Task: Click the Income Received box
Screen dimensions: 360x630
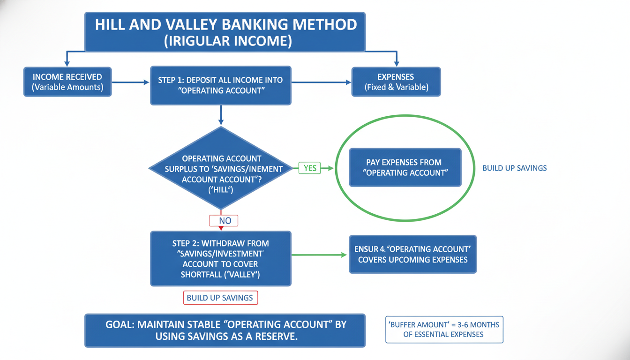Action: coord(67,82)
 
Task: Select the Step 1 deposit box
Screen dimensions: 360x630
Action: coord(220,85)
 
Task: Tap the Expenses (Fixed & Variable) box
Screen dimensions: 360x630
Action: coord(396,82)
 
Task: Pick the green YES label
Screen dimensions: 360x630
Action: coord(310,168)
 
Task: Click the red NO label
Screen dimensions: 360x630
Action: coord(224,220)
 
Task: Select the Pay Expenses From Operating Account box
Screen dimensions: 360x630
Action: coord(405,168)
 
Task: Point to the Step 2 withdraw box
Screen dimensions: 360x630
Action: coord(220,259)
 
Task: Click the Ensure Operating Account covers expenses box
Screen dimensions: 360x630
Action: coord(412,254)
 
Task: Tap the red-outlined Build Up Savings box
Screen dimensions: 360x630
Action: coord(220,298)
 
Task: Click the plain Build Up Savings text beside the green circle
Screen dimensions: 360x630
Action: coord(514,168)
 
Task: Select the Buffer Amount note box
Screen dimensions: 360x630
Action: coord(443,330)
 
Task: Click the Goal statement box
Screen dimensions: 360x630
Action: coord(225,330)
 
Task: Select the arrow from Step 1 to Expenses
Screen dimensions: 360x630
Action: coord(321,82)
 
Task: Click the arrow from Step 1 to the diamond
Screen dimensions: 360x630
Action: coord(221,115)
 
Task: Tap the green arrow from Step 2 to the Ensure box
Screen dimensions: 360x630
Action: coord(320,255)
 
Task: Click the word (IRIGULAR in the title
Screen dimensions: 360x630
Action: coord(194,40)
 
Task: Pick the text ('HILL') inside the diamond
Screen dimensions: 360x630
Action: coord(220,190)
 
